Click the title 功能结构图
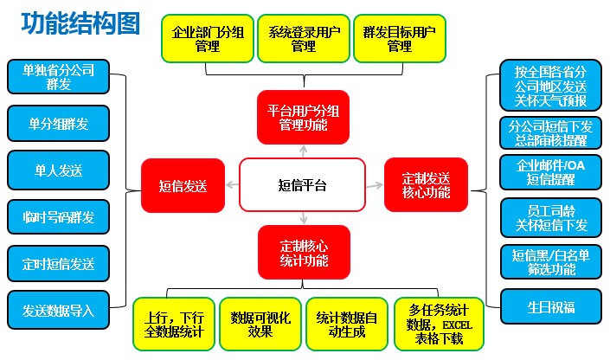(x=80, y=24)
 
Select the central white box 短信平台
(x=303, y=185)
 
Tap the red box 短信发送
(x=183, y=185)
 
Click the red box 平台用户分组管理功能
(x=303, y=117)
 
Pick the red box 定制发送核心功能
(x=426, y=184)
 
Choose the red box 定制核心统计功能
(x=303, y=252)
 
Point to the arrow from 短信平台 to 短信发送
(x=230, y=185)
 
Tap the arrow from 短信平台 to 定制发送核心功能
(x=375, y=185)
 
